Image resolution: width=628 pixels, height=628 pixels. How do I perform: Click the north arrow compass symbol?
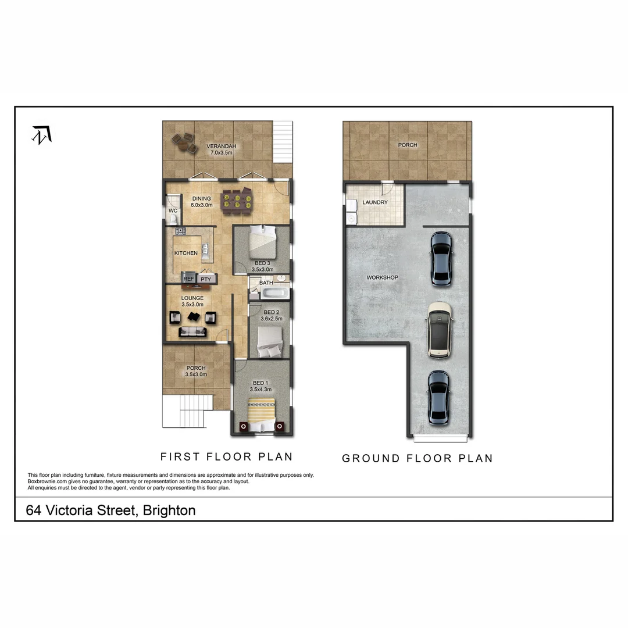tap(41, 134)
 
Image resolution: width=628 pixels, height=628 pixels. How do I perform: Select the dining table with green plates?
tap(236, 200)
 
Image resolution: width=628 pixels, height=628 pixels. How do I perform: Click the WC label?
tap(173, 210)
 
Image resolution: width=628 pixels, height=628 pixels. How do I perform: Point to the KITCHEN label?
tap(186, 253)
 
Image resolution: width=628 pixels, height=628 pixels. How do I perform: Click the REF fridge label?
tap(188, 279)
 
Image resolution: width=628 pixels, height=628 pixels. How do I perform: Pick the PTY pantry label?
tap(205, 279)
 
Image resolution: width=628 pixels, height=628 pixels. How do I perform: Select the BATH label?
tap(266, 283)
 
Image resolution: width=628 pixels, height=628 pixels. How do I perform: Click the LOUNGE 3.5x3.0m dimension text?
tap(192, 304)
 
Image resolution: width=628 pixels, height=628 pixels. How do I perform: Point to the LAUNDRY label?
tap(374, 202)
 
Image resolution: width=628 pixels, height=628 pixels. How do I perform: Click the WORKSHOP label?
tap(382, 277)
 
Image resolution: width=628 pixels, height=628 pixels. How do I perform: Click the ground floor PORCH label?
tap(407, 145)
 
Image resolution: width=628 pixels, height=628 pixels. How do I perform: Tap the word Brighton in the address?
tap(169, 511)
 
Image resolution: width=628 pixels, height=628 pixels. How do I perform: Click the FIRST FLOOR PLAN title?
tap(226, 456)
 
